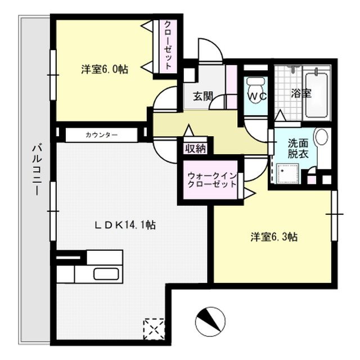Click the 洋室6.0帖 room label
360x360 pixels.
[104, 70]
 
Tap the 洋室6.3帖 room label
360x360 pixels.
[274, 237]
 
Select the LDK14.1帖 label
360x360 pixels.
[124, 226]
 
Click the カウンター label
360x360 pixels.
[102, 135]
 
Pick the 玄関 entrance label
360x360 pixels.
[203, 96]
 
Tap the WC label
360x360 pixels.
[258, 96]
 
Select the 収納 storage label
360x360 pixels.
[195, 148]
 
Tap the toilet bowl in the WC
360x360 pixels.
[256, 84]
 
